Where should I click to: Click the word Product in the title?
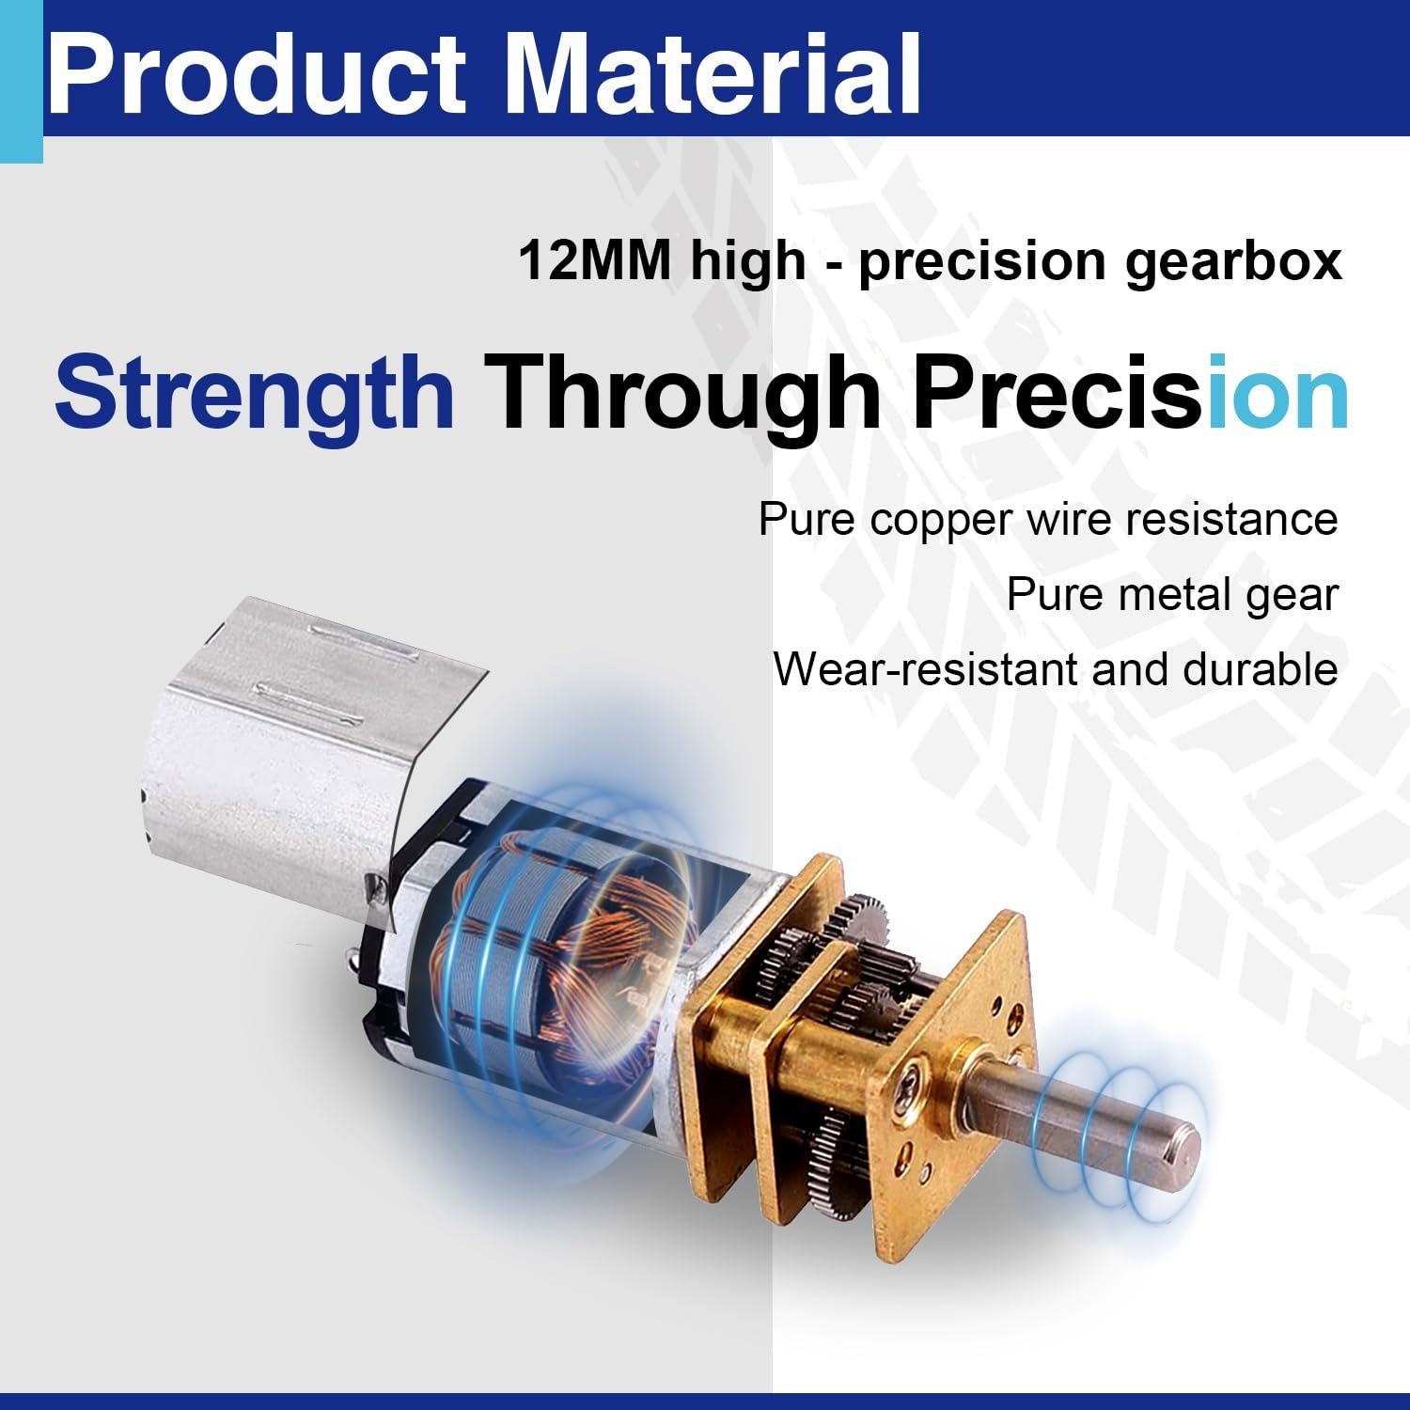point(256,71)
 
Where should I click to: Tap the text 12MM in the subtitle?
point(594,260)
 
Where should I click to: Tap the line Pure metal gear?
point(1172,595)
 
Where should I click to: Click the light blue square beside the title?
point(21,82)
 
